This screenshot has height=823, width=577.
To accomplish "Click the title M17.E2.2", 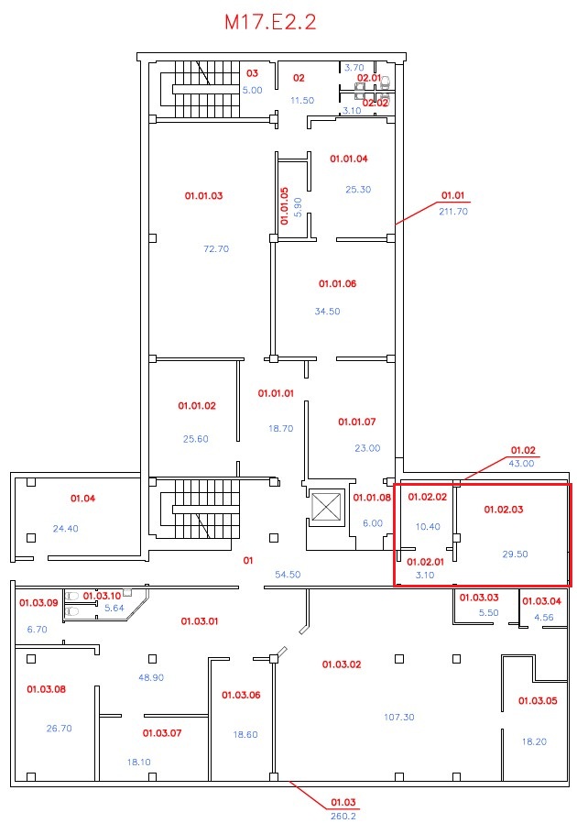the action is point(270,22).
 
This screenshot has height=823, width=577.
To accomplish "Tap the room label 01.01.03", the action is point(203,196).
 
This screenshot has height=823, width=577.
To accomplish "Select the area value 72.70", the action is point(216,248).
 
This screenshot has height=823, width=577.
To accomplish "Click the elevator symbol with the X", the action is point(326,507).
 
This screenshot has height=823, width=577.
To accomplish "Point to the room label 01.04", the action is point(82,498).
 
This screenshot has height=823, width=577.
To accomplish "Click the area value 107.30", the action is point(399,717).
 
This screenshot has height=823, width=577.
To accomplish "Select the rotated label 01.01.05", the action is point(284,206).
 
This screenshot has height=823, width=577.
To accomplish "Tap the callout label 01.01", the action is point(452,195).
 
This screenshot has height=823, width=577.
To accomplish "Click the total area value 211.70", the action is point(453,212).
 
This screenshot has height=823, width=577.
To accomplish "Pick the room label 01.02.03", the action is point(504,510).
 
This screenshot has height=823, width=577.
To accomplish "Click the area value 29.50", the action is point(515,554).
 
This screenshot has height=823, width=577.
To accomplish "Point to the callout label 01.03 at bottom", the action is point(343,802).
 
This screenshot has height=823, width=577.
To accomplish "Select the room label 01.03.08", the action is point(46,689).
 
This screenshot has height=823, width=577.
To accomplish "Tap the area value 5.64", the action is point(114,608).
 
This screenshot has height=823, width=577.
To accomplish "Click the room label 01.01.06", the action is point(337,283).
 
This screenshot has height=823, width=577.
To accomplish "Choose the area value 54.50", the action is point(288,575).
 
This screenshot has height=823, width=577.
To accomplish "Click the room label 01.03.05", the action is point(538,701).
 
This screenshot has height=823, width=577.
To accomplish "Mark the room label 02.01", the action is point(369,78).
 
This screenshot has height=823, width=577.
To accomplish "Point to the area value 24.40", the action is point(66,529).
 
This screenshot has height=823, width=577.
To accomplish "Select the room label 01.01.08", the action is point(372,498).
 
